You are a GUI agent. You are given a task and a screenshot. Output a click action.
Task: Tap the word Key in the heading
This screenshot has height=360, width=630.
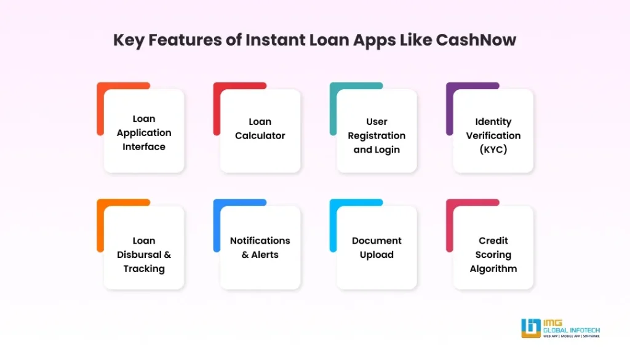click(x=130, y=41)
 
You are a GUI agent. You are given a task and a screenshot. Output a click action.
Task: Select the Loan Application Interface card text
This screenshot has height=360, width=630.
click(x=144, y=132)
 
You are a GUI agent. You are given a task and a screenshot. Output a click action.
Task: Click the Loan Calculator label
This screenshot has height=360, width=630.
click(x=260, y=129)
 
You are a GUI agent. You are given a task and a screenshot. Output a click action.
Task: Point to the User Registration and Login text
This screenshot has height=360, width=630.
click(x=377, y=135)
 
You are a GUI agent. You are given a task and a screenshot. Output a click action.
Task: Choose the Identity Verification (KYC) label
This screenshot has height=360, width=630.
click(x=493, y=135)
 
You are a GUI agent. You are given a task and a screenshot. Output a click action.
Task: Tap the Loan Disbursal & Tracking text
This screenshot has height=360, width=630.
click(x=144, y=254)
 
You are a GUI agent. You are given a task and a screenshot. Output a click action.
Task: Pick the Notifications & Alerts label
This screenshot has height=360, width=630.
click(x=260, y=247)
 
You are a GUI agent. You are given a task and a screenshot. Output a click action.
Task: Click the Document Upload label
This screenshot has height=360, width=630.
click(x=377, y=247)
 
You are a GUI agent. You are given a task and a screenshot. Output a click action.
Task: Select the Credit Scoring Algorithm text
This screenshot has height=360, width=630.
click(x=493, y=254)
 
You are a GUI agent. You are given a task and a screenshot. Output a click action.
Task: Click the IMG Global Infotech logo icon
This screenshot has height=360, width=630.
click(x=530, y=327)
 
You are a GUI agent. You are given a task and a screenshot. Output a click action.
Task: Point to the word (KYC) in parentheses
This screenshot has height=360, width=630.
click(x=493, y=150)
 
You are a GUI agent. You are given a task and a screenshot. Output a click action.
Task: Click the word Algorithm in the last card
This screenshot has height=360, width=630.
click(x=493, y=268)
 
